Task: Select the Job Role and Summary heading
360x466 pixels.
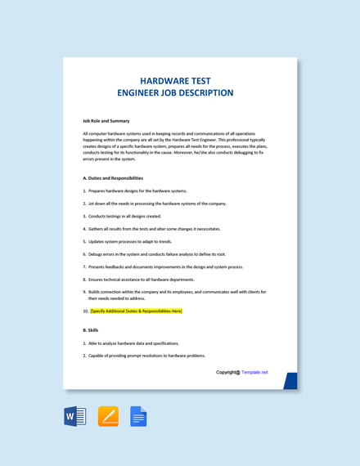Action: click(x=106, y=120)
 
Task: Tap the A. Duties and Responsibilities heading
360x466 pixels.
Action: click(x=113, y=177)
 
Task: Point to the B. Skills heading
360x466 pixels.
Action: click(x=90, y=330)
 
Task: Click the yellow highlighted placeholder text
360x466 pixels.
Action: click(x=136, y=311)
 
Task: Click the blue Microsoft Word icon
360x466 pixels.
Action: click(x=75, y=417)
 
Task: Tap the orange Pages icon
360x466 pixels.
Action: click(x=108, y=417)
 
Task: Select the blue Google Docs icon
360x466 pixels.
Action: click(x=138, y=417)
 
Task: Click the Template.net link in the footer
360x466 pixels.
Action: click(x=254, y=372)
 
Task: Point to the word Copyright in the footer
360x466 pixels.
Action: click(x=227, y=372)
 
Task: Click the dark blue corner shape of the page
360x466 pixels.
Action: click(x=290, y=381)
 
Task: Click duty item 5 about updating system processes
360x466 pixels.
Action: click(x=130, y=241)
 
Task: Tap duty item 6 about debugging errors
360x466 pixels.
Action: click(x=156, y=253)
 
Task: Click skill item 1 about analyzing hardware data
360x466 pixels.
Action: click(x=133, y=343)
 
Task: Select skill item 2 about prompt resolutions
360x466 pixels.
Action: click(x=146, y=356)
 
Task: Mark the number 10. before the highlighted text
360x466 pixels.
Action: click(x=85, y=311)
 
